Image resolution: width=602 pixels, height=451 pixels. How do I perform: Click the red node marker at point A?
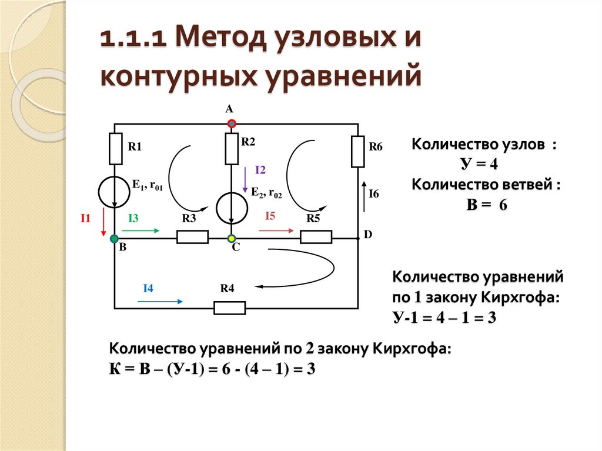pyautogui.click(x=232, y=124)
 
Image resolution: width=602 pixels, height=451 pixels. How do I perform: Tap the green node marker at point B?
pyautogui.click(x=114, y=238)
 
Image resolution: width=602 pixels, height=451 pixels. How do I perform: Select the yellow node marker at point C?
pyautogui.click(x=232, y=238)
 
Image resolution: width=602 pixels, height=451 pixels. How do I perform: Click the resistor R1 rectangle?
pyautogui.click(x=115, y=149)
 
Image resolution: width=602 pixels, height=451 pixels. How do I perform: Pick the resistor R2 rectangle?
pyautogui.click(x=232, y=149)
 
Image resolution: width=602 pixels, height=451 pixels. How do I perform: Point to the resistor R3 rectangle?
pyautogui.click(x=193, y=237)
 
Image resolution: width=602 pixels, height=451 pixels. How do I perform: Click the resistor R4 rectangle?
pyautogui.click(x=229, y=308)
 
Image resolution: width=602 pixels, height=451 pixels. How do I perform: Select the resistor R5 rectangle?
pyautogui.click(x=316, y=237)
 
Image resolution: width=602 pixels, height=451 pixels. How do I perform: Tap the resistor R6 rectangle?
pyautogui.click(x=358, y=151)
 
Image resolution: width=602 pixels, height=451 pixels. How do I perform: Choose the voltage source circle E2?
pyautogui.click(x=232, y=207)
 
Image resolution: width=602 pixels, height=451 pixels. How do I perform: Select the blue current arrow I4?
pyautogui.click(x=160, y=301)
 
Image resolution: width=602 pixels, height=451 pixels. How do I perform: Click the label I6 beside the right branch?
pyautogui.click(x=373, y=193)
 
